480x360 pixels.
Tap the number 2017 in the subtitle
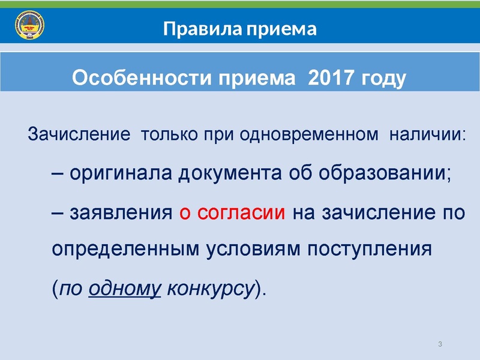(331, 78)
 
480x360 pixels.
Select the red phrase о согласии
(232, 212)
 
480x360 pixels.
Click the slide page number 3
(440, 343)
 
